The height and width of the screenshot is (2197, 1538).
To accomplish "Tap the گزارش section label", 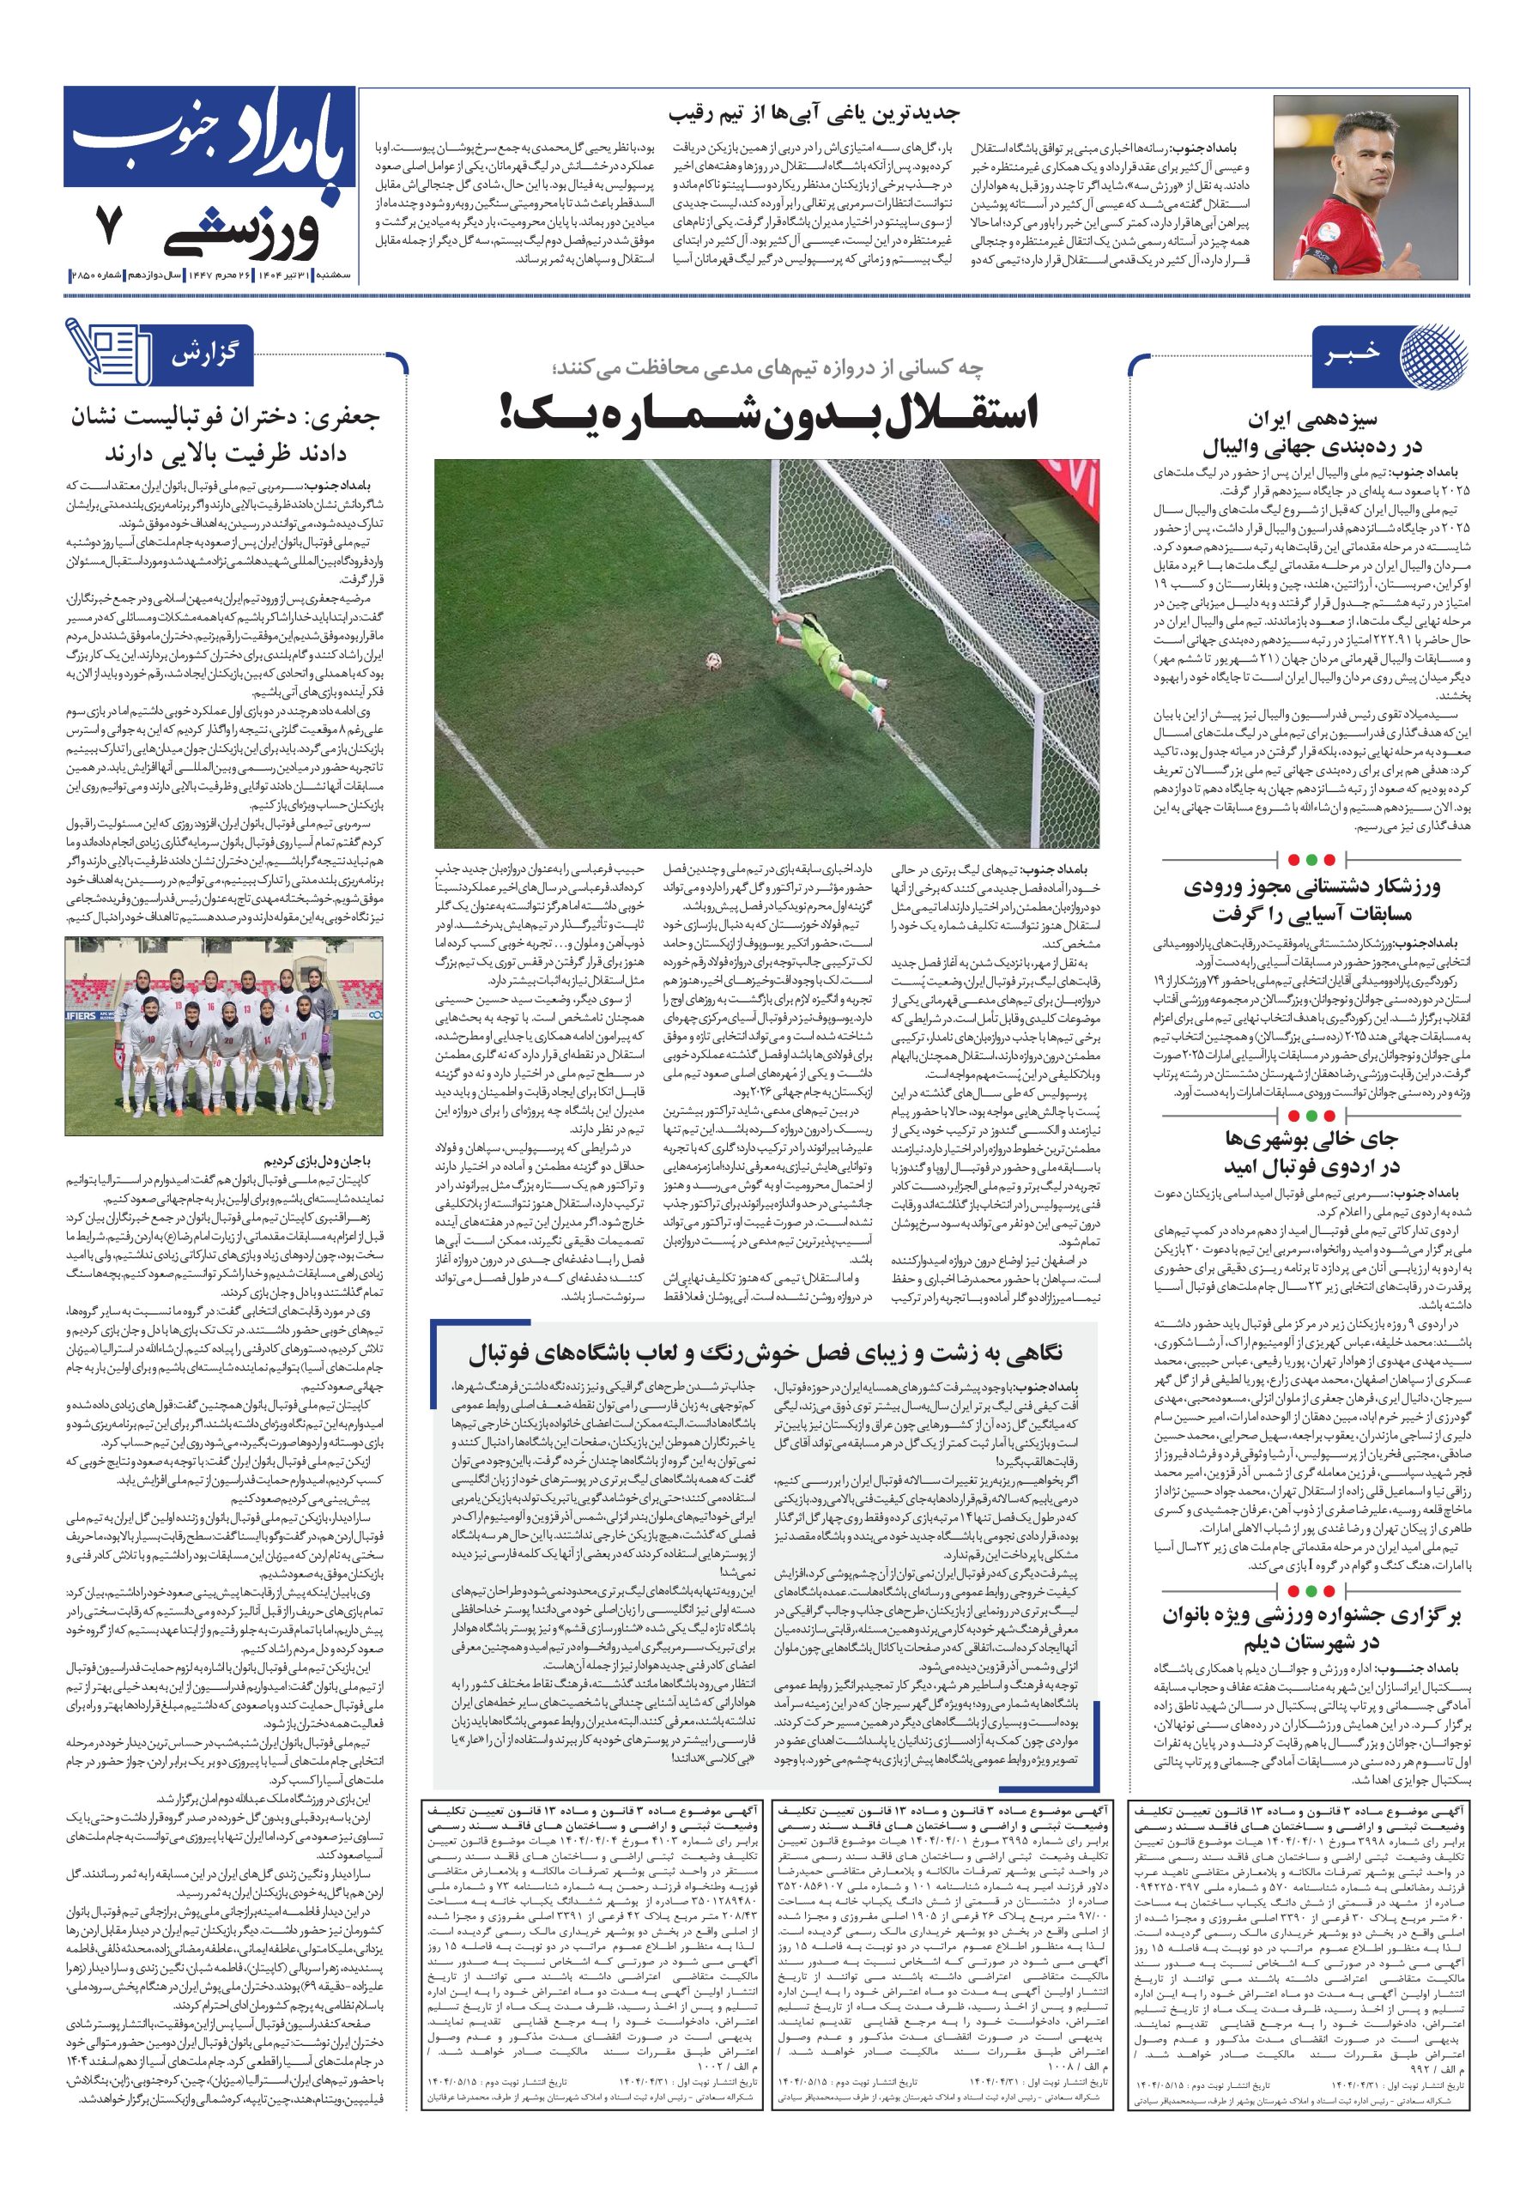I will [x=204, y=355].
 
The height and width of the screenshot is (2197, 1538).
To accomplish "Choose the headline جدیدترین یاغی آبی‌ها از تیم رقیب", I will [x=814, y=114].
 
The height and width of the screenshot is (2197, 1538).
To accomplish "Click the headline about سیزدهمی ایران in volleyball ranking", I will [x=1311, y=433].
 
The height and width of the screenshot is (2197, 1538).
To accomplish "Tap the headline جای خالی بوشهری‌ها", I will [x=1311, y=1153].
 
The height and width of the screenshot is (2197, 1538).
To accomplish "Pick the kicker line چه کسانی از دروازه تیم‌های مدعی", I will [x=766, y=367].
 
